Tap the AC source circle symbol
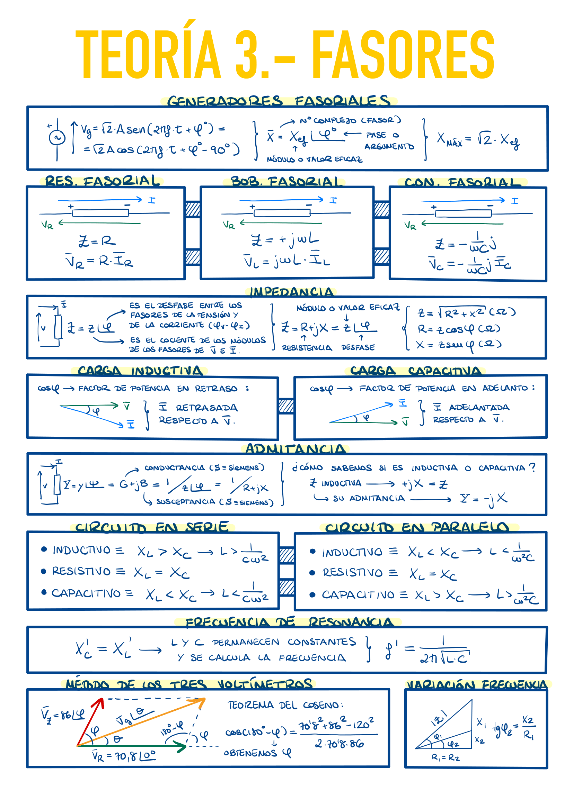tap(57, 137)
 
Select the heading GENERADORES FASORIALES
tap(279, 101)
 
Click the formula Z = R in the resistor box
tap(97, 241)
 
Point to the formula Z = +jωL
tap(285, 239)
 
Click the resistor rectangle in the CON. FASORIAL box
tap(463, 213)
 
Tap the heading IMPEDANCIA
tap(291, 292)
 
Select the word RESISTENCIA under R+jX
tap(307, 348)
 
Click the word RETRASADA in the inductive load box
tap(207, 408)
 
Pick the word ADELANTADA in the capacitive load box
tap(479, 407)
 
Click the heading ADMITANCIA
tap(295, 449)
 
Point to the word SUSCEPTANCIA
tap(186, 501)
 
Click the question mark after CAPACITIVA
tap(532, 467)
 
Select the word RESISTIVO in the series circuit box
tap(81, 571)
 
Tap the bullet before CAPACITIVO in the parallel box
tap(312, 595)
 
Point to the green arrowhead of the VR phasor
tap(182, 747)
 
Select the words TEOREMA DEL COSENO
tap(285, 705)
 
